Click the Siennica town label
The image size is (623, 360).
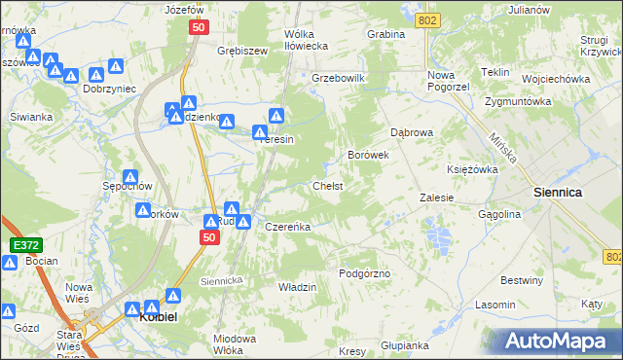click(x=558, y=193)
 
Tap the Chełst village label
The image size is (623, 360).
click(x=326, y=185)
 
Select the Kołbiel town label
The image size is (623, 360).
click(x=157, y=316)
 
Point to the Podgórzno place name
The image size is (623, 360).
click(x=364, y=273)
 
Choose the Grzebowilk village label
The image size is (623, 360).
click(x=338, y=77)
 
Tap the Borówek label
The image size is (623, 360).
click(x=369, y=154)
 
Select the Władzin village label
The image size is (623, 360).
click(x=298, y=288)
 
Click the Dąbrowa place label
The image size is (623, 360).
click(x=411, y=131)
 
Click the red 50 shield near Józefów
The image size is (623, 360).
click(x=199, y=30)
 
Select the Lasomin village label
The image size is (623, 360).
click(x=495, y=305)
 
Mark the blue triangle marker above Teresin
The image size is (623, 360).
click(x=276, y=116)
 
